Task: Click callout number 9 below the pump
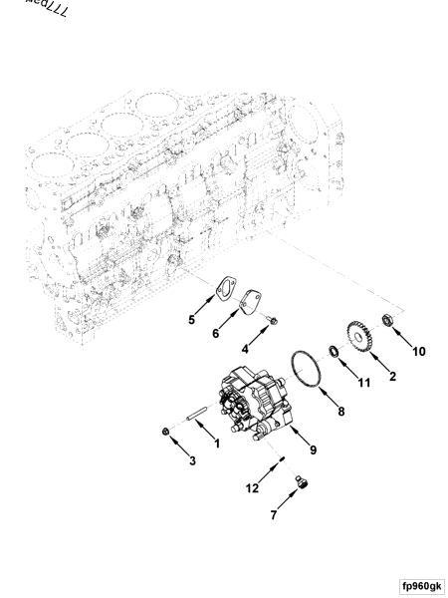point(313,450)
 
